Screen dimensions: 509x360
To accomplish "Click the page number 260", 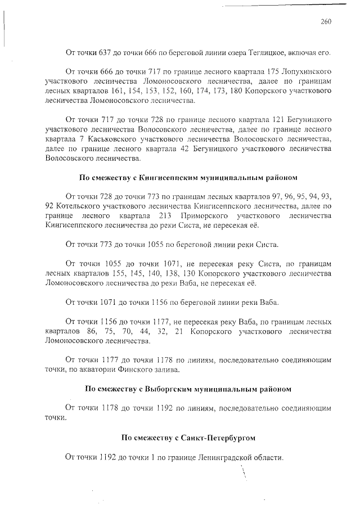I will (x=326, y=22).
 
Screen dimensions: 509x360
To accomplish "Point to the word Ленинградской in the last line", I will (x=224, y=457).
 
